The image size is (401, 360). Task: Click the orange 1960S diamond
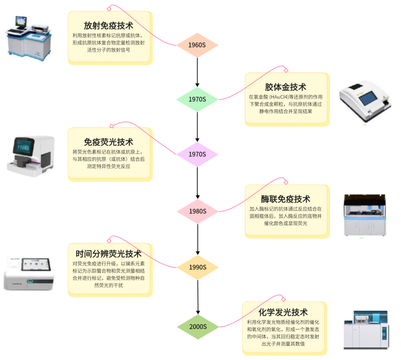pyautogui.click(x=197, y=45)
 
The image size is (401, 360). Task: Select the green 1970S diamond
pyautogui.click(x=197, y=99)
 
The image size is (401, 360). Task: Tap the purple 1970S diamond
pyautogui.click(x=197, y=154)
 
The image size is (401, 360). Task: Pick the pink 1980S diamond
pyautogui.click(x=197, y=211)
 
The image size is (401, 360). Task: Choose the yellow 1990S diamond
pyautogui.click(x=197, y=267)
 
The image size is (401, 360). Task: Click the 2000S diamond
pyautogui.click(x=197, y=327)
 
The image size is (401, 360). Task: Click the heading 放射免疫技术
pyautogui.click(x=108, y=26)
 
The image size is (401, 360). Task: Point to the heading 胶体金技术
pyautogui.click(x=286, y=87)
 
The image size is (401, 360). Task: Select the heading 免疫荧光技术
pyautogui.click(x=108, y=142)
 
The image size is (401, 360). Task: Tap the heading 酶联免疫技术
pyautogui.click(x=286, y=199)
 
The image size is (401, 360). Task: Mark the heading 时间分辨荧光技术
pyautogui.click(x=108, y=254)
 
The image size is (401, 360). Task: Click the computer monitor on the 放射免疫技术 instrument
pyautogui.click(x=21, y=22)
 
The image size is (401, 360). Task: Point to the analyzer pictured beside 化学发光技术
pyautogui.click(x=366, y=330)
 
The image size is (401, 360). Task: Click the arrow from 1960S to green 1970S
pyautogui.click(x=197, y=72)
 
